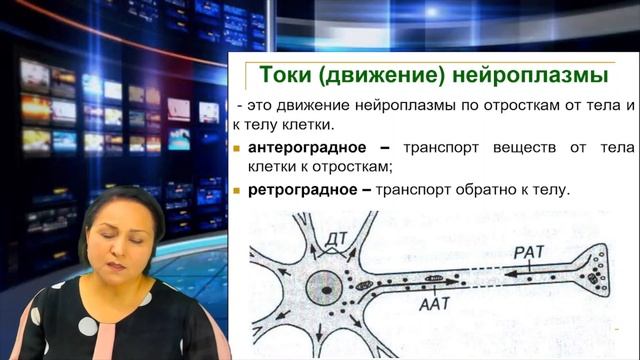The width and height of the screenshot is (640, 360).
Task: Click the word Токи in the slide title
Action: [288, 76]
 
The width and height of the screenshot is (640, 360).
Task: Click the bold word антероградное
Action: [307, 148]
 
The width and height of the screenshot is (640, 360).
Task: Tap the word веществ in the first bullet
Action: [523, 148]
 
